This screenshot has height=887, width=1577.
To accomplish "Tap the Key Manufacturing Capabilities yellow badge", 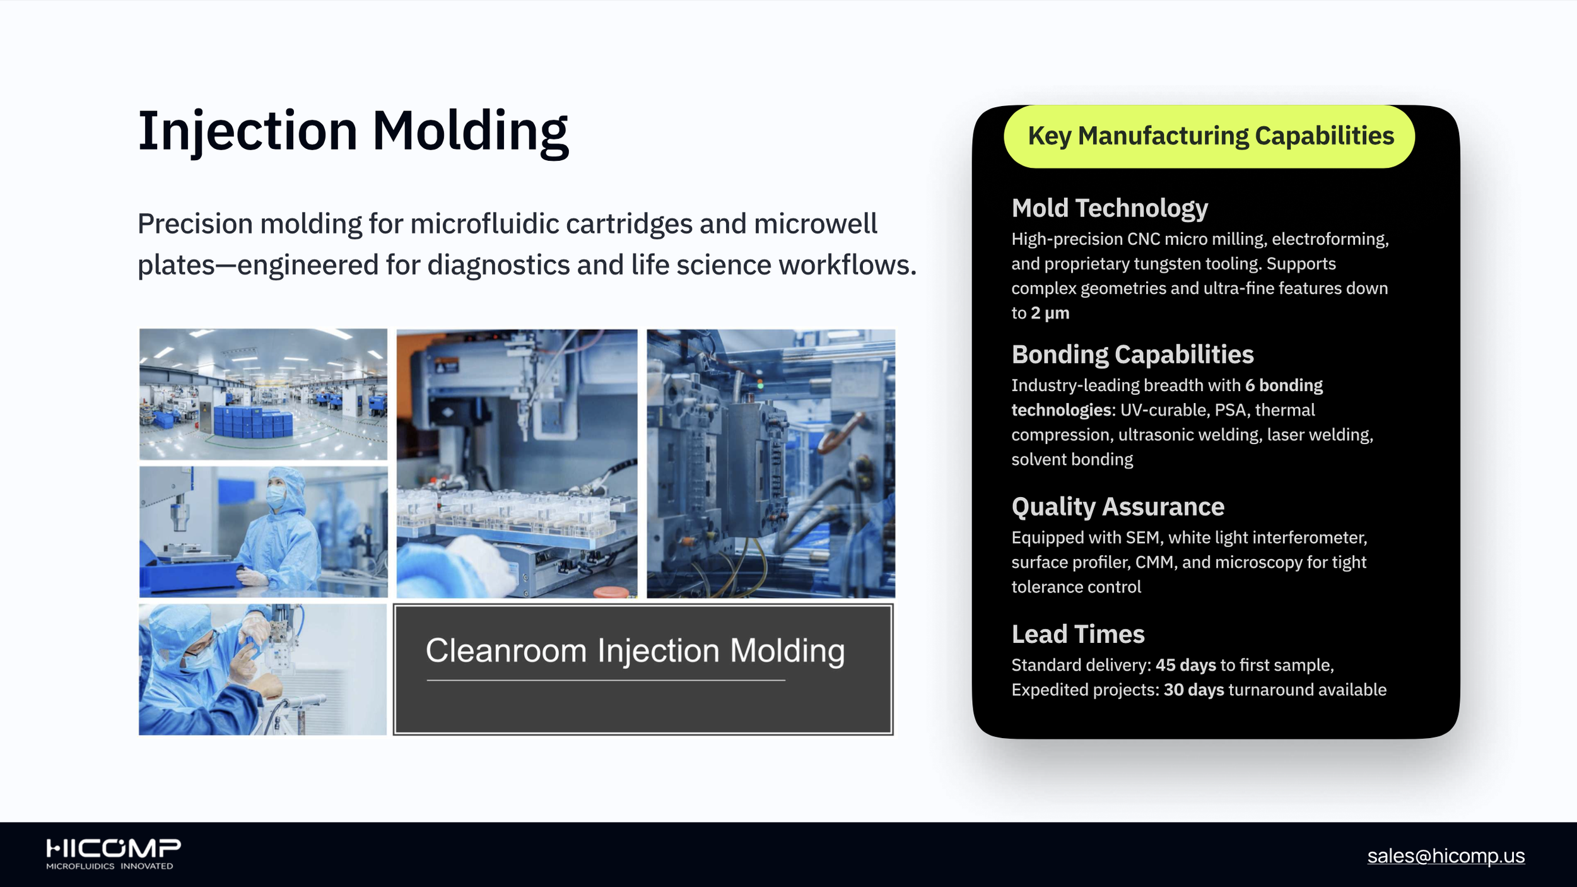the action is tap(1209, 136).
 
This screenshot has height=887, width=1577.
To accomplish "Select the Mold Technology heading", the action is tap(1110, 208).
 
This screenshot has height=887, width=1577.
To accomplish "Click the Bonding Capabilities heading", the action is tap(1132, 355).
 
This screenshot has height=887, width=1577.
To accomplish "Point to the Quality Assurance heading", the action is tap(1118, 507).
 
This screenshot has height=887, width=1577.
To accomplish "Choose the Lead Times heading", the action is tap(1078, 634).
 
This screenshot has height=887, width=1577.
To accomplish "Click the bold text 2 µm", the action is tap(1050, 313).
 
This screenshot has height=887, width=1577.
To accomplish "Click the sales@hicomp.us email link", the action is tap(1446, 855).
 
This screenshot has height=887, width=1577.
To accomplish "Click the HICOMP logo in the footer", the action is tap(113, 854).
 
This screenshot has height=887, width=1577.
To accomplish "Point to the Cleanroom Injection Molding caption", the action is tap(635, 651).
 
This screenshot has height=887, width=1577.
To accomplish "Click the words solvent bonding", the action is tap(1072, 459).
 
